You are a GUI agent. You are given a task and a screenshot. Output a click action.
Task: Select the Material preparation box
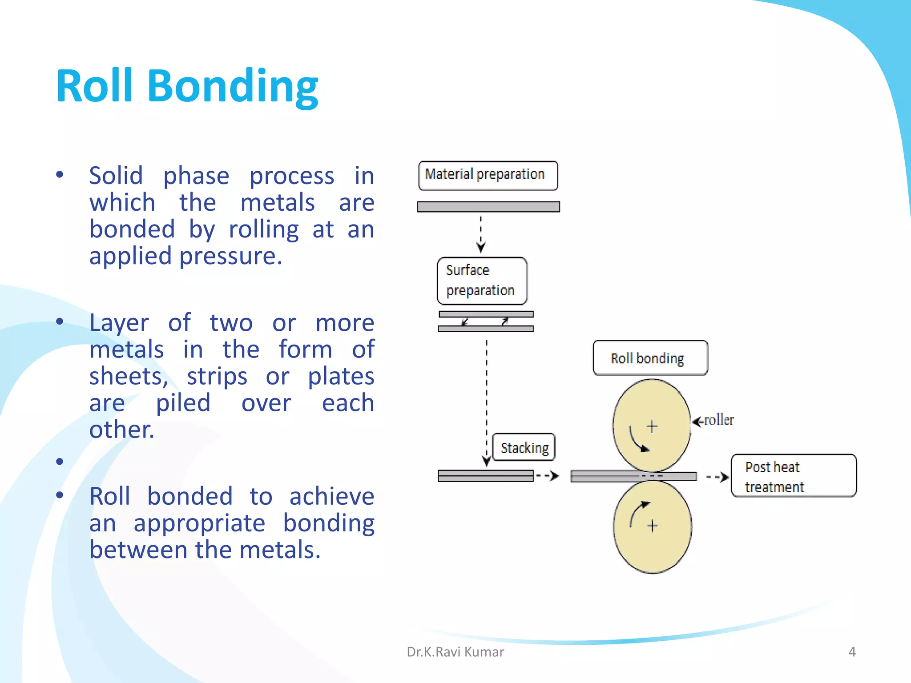pyautogui.click(x=488, y=175)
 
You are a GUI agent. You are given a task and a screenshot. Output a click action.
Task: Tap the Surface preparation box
pyautogui.click(x=482, y=281)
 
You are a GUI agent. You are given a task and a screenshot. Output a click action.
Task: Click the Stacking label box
pyautogui.click(x=524, y=447)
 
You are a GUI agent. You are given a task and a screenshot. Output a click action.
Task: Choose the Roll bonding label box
pyautogui.click(x=649, y=358)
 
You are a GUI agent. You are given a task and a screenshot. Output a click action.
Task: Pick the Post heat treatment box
pyautogui.click(x=793, y=476)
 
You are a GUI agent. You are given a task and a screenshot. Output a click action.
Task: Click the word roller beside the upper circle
pyautogui.click(x=719, y=420)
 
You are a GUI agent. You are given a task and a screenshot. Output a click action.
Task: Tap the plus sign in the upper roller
pyautogui.click(x=652, y=426)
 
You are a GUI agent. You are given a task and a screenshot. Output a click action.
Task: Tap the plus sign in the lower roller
pyautogui.click(x=653, y=526)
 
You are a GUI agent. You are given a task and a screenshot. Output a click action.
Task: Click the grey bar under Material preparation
pyautogui.click(x=488, y=207)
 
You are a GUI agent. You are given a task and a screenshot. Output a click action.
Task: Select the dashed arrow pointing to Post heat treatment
pyautogui.click(x=717, y=477)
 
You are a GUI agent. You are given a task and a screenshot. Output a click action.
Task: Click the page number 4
pyautogui.click(x=852, y=652)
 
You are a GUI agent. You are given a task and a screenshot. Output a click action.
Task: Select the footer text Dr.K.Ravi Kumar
pyautogui.click(x=455, y=652)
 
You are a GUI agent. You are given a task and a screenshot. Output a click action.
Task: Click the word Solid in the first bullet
pyautogui.click(x=116, y=176)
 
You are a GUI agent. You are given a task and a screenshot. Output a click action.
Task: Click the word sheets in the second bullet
pyautogui.click(x=128, y=377)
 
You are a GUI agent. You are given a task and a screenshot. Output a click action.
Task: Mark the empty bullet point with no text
pyautogui.click(x=60, y=462)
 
